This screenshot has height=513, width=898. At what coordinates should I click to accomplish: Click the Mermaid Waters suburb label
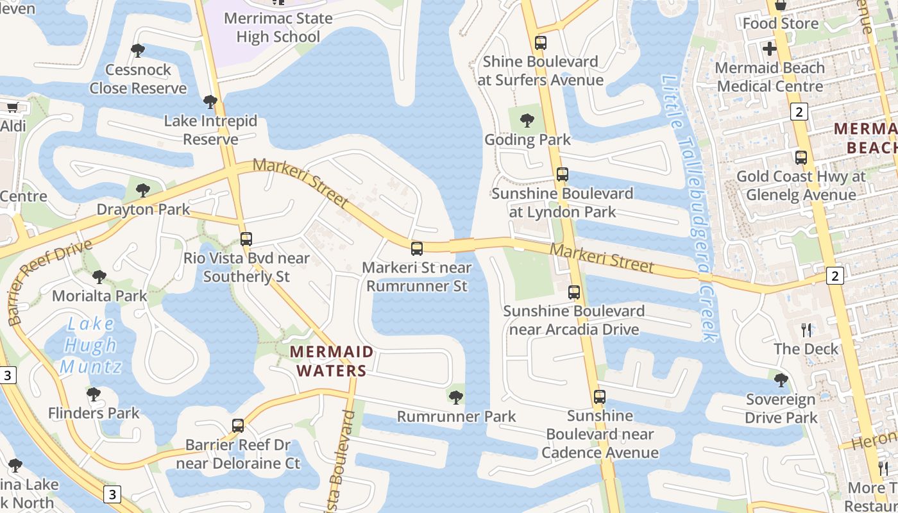[x=331, y=361]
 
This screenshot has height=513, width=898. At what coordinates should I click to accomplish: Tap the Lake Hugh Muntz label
[x=90, y=346]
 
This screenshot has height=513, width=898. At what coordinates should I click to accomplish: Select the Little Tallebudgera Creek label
[x=690, y=208]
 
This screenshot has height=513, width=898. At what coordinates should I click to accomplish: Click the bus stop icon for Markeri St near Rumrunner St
[x=417, y=249]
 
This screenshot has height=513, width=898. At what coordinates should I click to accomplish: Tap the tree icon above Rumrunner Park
[x=456, y=398]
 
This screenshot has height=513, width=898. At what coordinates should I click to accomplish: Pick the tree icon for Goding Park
[x=527, y=120]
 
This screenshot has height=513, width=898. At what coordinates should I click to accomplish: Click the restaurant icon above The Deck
[x=806, y=330]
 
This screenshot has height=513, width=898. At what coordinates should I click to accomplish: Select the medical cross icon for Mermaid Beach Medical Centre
[x=769, y=49]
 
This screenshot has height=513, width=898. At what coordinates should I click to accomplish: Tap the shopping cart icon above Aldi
[x=12, y=107]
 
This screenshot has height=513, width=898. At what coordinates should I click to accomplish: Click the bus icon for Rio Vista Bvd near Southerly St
[x=246, y=239]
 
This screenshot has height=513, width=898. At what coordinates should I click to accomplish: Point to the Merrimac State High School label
[x=278, y=28]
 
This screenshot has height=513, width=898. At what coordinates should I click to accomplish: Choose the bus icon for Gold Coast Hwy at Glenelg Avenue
[x=801, y=157]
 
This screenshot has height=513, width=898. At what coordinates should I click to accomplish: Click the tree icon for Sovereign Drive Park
[x=781, y=380]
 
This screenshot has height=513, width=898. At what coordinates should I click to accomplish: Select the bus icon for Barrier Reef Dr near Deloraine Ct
[x=238, y=425]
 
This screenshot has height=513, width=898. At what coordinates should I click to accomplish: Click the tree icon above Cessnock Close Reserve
[x=137, y=51]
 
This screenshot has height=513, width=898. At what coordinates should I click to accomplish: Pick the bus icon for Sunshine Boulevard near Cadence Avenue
[x=600, y=397]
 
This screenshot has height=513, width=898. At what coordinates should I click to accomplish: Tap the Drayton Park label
[x=143, y=210]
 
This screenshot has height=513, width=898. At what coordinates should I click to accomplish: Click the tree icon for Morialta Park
[x=99, y=277]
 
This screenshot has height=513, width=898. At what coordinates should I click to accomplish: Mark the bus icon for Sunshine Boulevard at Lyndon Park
[x=563, y=174]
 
